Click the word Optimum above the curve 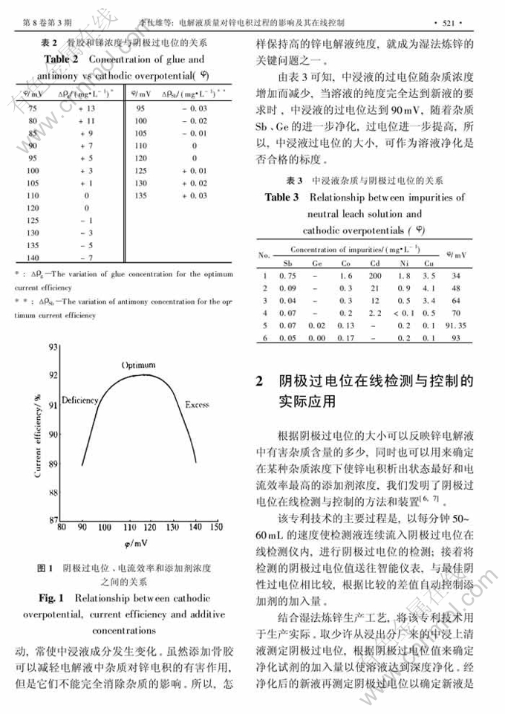(139, 366)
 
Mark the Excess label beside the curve (197, 405)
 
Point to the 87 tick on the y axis (53, 519)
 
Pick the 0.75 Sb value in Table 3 (288, 276)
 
